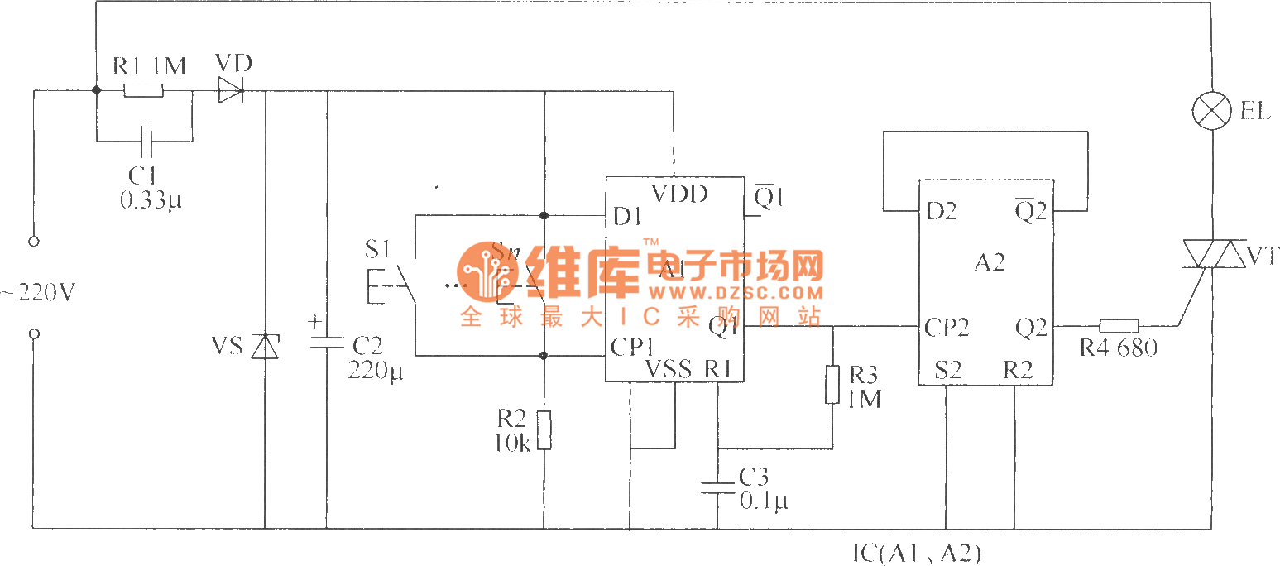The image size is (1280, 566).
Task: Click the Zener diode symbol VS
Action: click(x=264, y=346)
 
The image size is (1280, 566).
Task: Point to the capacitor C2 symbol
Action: click(x=326, y=342)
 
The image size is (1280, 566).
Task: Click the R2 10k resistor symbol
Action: click(x=544, y=429)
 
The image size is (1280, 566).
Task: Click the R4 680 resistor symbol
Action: click(x=1119, y=327)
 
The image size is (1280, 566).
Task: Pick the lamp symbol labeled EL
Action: click(x=1211, y=112)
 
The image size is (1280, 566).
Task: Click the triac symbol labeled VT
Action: click(x=1210, y=255)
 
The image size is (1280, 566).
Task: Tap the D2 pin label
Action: click(x=941, y=212)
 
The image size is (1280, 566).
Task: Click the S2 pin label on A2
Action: click(x=947, y=370)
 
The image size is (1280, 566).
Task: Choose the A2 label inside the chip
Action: click(x=989, y=263)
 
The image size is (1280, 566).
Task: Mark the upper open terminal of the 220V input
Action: click(x=34, y=242)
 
